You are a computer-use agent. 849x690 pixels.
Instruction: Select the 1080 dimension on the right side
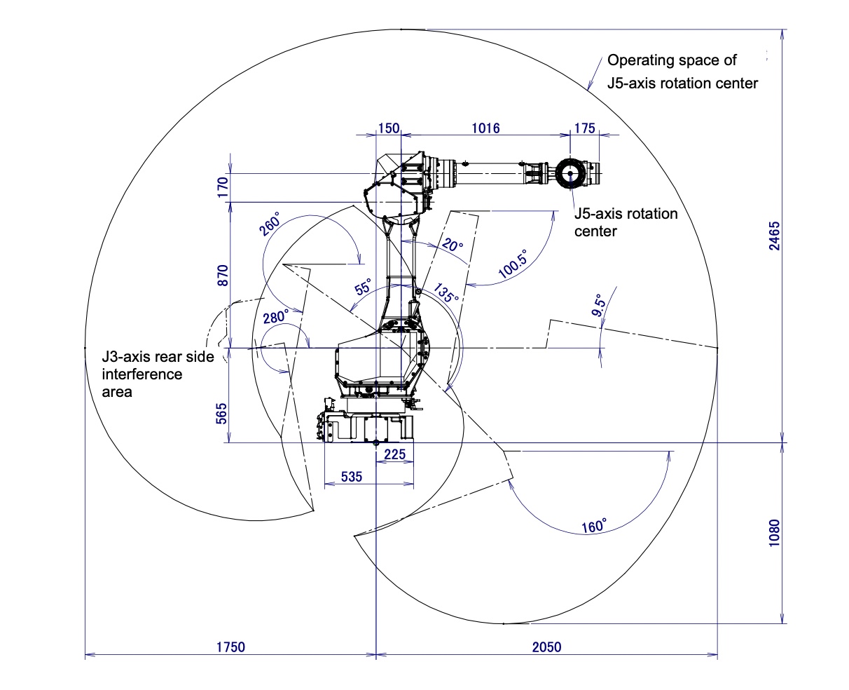(x=773, y=533)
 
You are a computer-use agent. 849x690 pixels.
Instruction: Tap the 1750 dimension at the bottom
(x=230, y=647)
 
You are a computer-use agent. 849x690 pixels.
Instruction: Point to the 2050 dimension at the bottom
(x=546, y=647)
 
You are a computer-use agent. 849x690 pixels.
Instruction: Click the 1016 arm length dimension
(x=485, y=128)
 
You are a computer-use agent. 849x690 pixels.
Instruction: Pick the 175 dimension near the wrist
(x=584, y=128)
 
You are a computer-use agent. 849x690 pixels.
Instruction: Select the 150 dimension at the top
(x=388, y=128)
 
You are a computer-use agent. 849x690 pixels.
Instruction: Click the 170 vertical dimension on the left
(x=222, y=187)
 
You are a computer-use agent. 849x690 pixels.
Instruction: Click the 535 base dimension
(x=352, y=477)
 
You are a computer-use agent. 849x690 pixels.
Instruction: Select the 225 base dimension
(x=394, y=454)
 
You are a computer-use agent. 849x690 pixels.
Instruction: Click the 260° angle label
(x=270, y=223)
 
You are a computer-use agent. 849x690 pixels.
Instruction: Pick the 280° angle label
(x=276, y=317)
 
